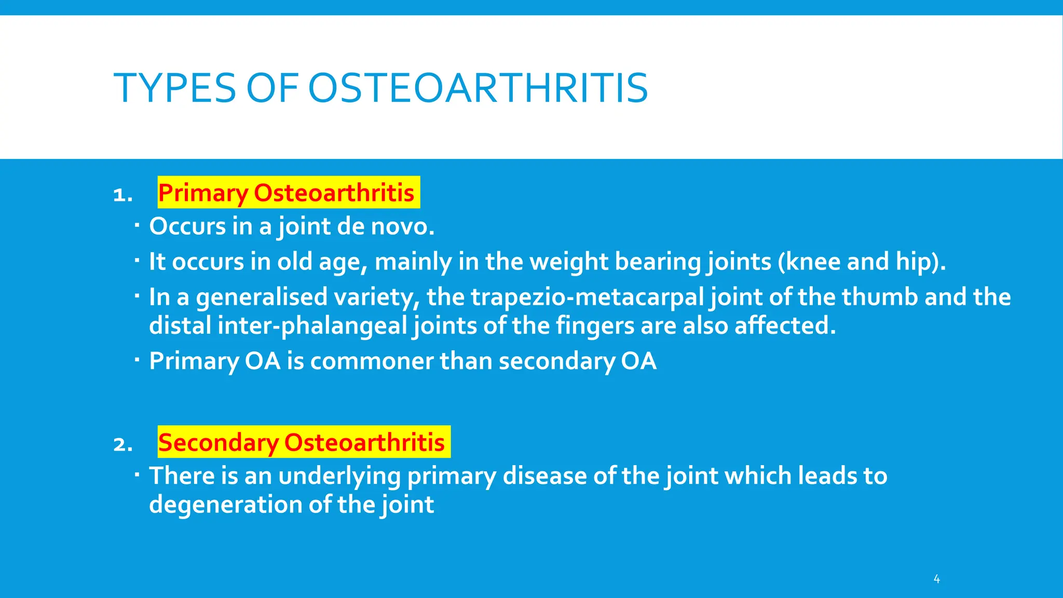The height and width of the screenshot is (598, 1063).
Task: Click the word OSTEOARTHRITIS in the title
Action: coord(478,88)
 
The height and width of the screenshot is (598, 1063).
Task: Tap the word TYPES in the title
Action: coord(175,88)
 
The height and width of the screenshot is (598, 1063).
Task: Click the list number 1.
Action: coord(122,195)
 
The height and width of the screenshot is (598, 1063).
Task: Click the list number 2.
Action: coord(122,445)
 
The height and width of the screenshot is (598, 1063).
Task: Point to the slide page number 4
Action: coord(936,579)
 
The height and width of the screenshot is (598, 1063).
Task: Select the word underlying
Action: coord(339,477)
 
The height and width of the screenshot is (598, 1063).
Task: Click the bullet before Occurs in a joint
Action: coord(137,225)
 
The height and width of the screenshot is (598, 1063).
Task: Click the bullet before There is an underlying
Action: coord(137,474)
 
